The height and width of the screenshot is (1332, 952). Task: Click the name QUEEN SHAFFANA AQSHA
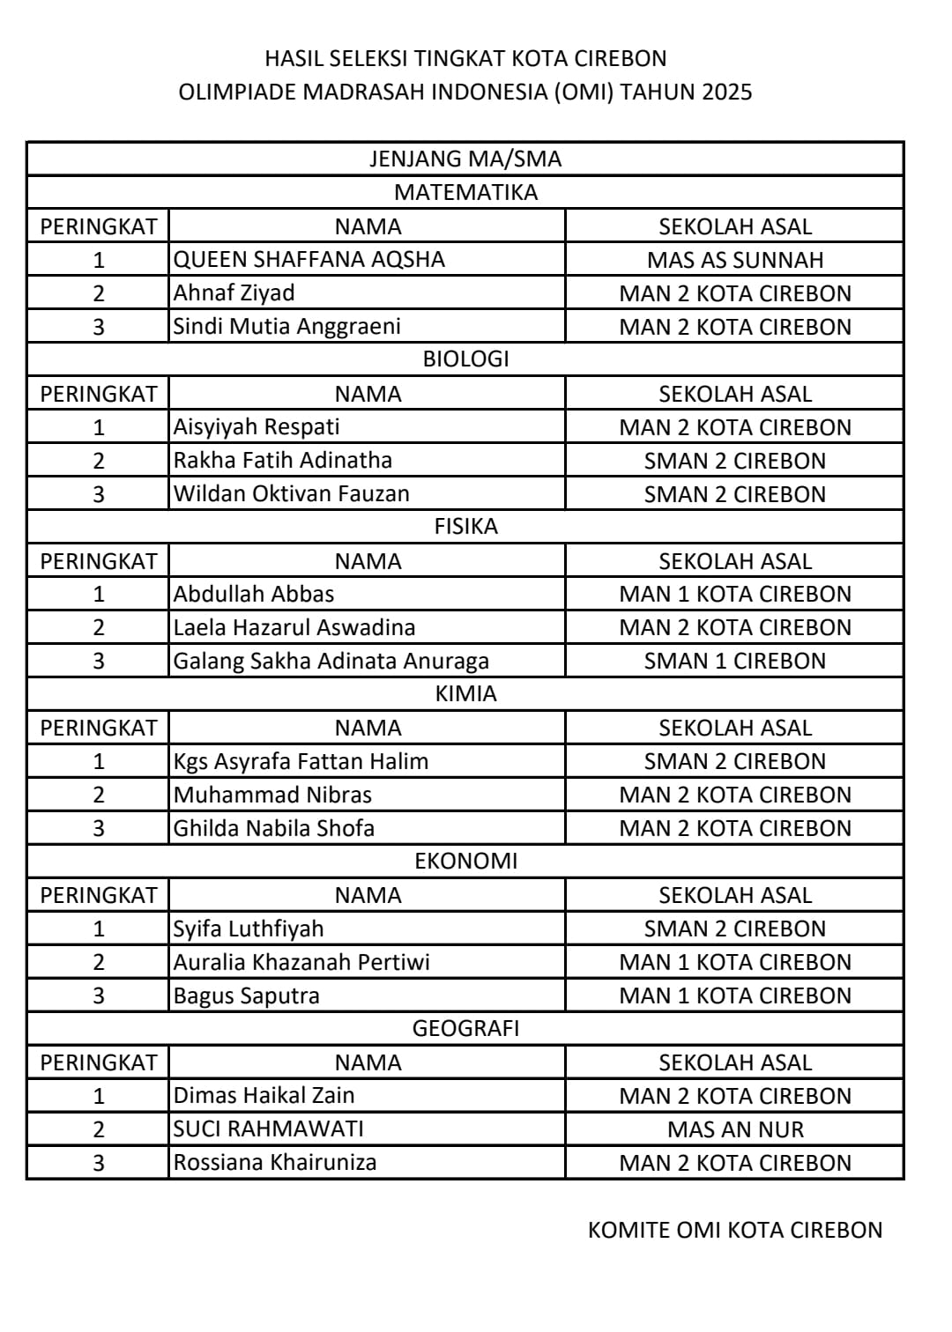309,259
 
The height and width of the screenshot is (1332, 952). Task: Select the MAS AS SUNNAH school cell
735,260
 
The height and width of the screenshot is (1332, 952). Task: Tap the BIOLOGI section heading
465,359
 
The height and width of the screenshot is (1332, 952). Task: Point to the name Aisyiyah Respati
257,426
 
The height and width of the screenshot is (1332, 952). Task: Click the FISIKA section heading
465,526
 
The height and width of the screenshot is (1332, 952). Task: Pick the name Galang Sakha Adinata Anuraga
331,661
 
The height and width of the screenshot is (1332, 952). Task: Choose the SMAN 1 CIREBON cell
735,661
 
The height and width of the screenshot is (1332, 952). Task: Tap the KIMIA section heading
465,693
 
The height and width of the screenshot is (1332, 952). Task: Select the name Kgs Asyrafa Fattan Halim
301,761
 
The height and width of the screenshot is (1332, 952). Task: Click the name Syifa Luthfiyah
249,929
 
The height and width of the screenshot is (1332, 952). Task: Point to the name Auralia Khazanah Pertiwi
301,962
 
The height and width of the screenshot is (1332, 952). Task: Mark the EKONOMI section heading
465,861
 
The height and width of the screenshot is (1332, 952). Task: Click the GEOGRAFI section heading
465,1028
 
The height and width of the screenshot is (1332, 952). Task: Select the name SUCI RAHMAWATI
268,1128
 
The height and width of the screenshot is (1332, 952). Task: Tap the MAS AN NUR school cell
735,1129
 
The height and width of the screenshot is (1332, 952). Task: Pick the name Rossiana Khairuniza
275,1162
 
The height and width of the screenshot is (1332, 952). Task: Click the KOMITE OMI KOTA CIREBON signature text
735,1230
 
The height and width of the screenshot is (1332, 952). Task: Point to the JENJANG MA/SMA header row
465,159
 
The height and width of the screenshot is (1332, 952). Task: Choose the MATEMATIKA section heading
465,192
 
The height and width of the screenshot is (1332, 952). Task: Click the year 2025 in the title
727,92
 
